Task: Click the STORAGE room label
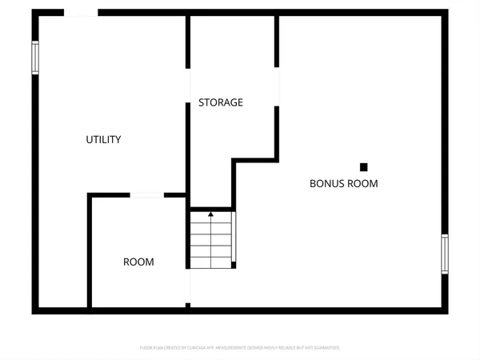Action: (x=221, y=102)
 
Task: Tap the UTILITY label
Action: (x=103, y=140)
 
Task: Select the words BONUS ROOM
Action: (x=343, y=183)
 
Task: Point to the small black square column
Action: (x=363, y=167)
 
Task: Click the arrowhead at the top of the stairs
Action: (x=211, y=214)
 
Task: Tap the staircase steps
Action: (x=211, y=240)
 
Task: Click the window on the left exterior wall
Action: (x=35, y=58)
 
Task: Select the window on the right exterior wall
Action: (x=445, y=254)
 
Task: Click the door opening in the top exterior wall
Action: (x=81, y=13)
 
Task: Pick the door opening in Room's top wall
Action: (x=147, y=194)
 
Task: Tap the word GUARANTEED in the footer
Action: (x=327, y=348)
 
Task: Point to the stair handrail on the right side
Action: (x=234, y=238)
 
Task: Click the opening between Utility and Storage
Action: (x=189, y=88)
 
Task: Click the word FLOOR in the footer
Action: (x=146, y=348)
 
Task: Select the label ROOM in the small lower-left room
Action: (x=138, y=262)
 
